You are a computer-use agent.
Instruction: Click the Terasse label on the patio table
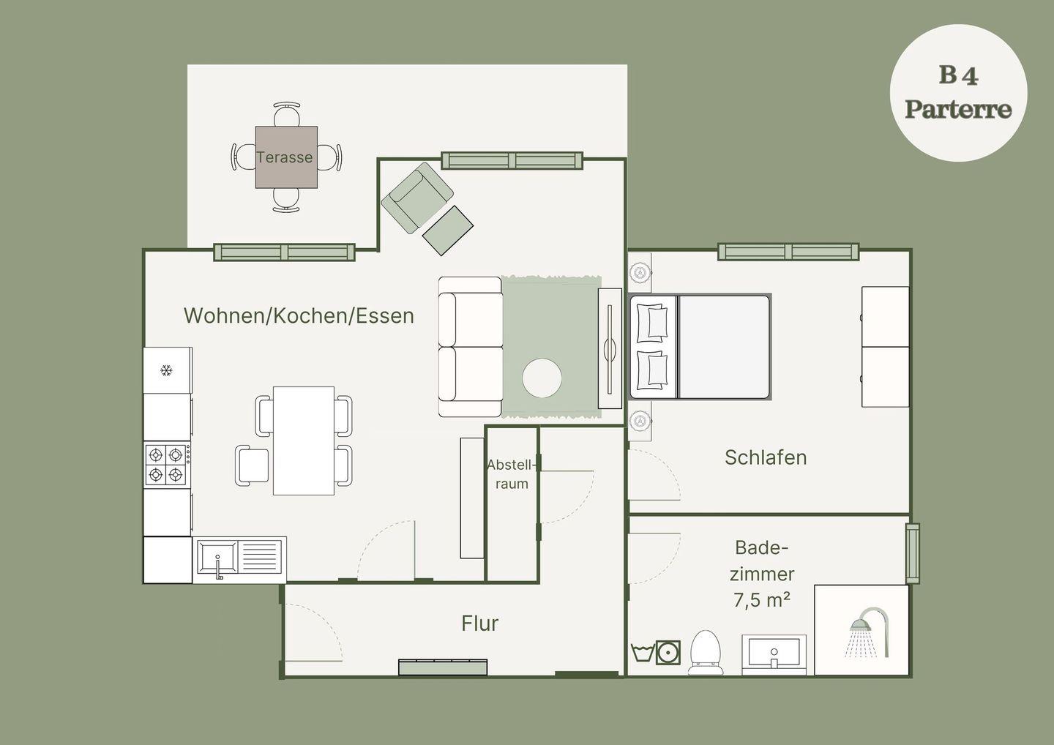pos(284,157)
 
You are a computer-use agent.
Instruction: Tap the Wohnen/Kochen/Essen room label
pos(299,315)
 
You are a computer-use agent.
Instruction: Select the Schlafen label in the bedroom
pos(766,457)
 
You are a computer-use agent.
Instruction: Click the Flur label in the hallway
pos(479,624)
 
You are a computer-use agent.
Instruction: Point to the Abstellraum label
pos(512,474)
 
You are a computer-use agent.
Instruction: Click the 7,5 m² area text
pos(762,600)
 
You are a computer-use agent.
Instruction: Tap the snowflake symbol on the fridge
pos(165,370)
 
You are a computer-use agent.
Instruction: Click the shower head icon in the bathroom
pos(870,632)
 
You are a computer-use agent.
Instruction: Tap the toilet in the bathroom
pos(706,653)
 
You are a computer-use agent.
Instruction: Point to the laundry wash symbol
pos(642,653)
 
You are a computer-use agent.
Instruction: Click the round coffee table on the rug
pos(542,378)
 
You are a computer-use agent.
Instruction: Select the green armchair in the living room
pos(417,198)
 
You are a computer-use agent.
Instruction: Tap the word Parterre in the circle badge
pos(958,109)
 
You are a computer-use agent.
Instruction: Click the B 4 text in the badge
pos(959,75)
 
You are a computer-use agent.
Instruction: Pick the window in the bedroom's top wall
pos(788,252)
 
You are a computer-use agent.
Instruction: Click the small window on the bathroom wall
pos(913,553)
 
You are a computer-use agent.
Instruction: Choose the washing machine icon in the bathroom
pos(668,652)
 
